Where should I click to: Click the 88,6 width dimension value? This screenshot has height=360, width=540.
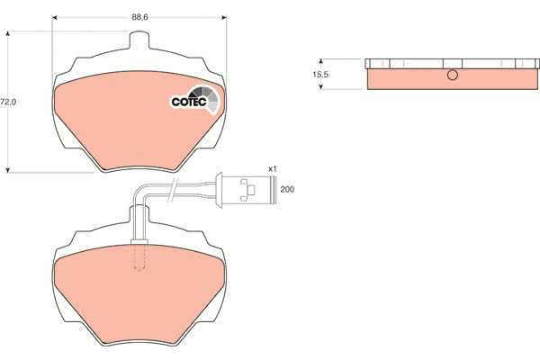click(x=139, y=17)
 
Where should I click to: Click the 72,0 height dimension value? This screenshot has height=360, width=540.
click(x=8, y=102)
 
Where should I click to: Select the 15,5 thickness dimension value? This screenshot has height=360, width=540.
click(x=320, y=74)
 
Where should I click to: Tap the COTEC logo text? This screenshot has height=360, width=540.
click(x=189, y=102)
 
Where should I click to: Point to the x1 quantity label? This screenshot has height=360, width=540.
click(x=273, y=169)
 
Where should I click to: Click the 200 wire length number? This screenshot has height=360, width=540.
click(x=287, y=189)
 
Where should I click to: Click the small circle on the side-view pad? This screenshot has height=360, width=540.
click(x=453, y=75)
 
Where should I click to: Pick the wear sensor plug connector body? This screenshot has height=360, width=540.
click(x=246, y=190)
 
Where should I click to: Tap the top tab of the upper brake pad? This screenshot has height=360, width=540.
click(x=139, y=40)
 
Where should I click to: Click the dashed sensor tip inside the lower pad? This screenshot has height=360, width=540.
click(x=139, y=257)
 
